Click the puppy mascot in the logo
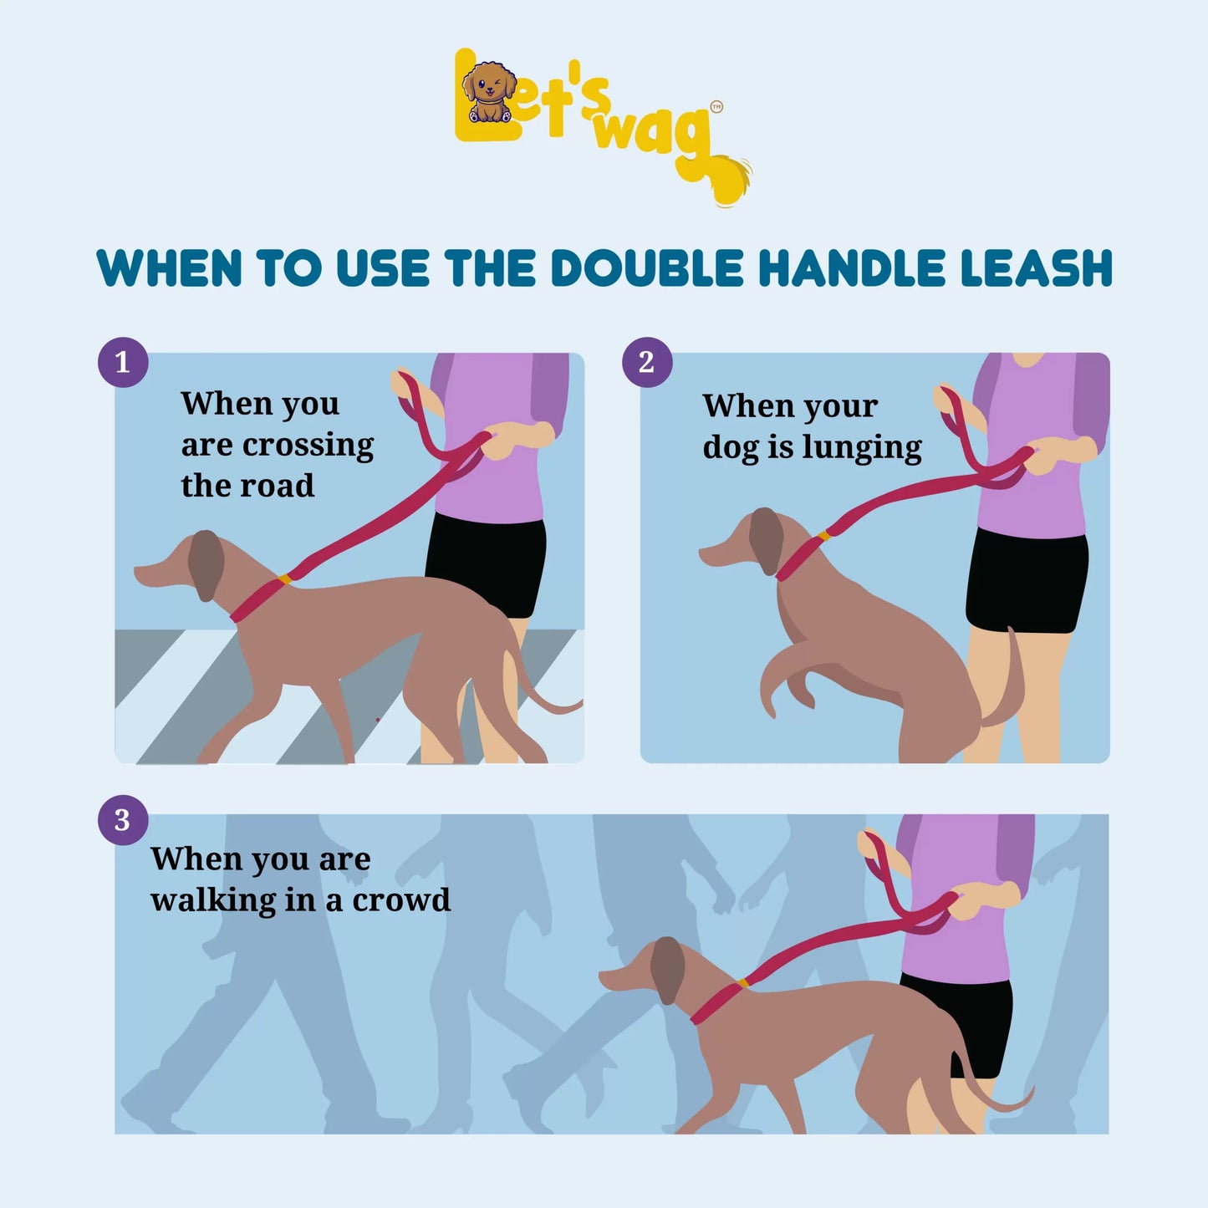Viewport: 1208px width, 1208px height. click(x=488, y=90)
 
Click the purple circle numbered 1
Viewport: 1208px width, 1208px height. click(x=123, y=362)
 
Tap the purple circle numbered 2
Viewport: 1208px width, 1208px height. click(x=646, y=362)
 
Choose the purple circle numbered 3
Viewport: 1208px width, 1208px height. click(x=123, y=820)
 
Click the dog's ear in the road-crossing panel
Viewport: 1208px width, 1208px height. click(x=206, y=563)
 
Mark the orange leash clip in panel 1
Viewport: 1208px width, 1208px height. click(x=285, y=579)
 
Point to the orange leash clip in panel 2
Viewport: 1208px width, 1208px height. click(x=823, y=535)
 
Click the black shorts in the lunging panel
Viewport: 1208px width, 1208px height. click(x=1027, y=581)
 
